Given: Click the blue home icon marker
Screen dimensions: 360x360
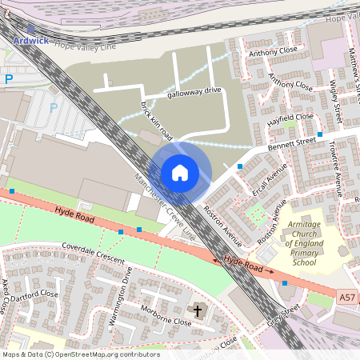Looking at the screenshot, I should pos(180,172).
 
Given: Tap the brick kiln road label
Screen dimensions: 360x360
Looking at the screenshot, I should pos(156,119).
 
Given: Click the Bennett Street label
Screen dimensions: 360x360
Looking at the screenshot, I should pos(294,142).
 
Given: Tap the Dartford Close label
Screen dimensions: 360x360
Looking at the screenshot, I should pos(35,294).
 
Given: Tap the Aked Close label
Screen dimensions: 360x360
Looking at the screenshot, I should pos(6,295).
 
